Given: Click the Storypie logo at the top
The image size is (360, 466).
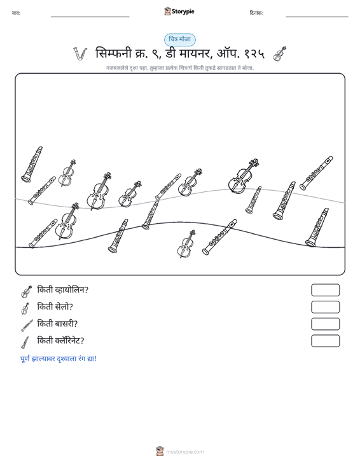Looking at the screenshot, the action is (179, 11).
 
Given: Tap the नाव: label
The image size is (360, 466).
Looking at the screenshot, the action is (16, 13).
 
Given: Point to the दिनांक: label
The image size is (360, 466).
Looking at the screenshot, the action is (256, 13).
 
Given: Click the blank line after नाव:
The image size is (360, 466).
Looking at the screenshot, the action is (90, 17).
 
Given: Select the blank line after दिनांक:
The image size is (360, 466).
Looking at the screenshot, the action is (317, 17).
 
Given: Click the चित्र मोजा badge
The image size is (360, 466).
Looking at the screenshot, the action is (180, 39).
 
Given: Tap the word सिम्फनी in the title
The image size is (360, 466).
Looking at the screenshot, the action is (114, 53).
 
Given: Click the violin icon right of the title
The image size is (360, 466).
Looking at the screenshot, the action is (280, 54).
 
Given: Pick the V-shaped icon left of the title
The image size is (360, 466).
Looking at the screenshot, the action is (80, 54).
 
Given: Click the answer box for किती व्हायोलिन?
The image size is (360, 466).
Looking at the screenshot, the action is (325, 290).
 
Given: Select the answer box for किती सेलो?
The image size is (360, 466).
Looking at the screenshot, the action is (325, 307).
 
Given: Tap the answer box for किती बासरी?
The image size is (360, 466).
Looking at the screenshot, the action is (325, 324).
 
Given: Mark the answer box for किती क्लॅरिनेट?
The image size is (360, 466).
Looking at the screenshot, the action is (325, 341).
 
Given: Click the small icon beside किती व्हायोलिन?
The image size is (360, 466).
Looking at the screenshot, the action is (26, 292).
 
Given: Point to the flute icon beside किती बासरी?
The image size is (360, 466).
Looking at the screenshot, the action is (27, 326).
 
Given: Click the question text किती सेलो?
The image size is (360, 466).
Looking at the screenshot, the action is (55, 306).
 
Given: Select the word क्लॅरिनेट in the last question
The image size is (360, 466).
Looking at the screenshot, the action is (68, 341).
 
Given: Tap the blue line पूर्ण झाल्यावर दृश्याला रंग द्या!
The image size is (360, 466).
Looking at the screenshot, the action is (59, 359).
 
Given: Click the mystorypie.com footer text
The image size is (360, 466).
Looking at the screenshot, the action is (184, 452).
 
